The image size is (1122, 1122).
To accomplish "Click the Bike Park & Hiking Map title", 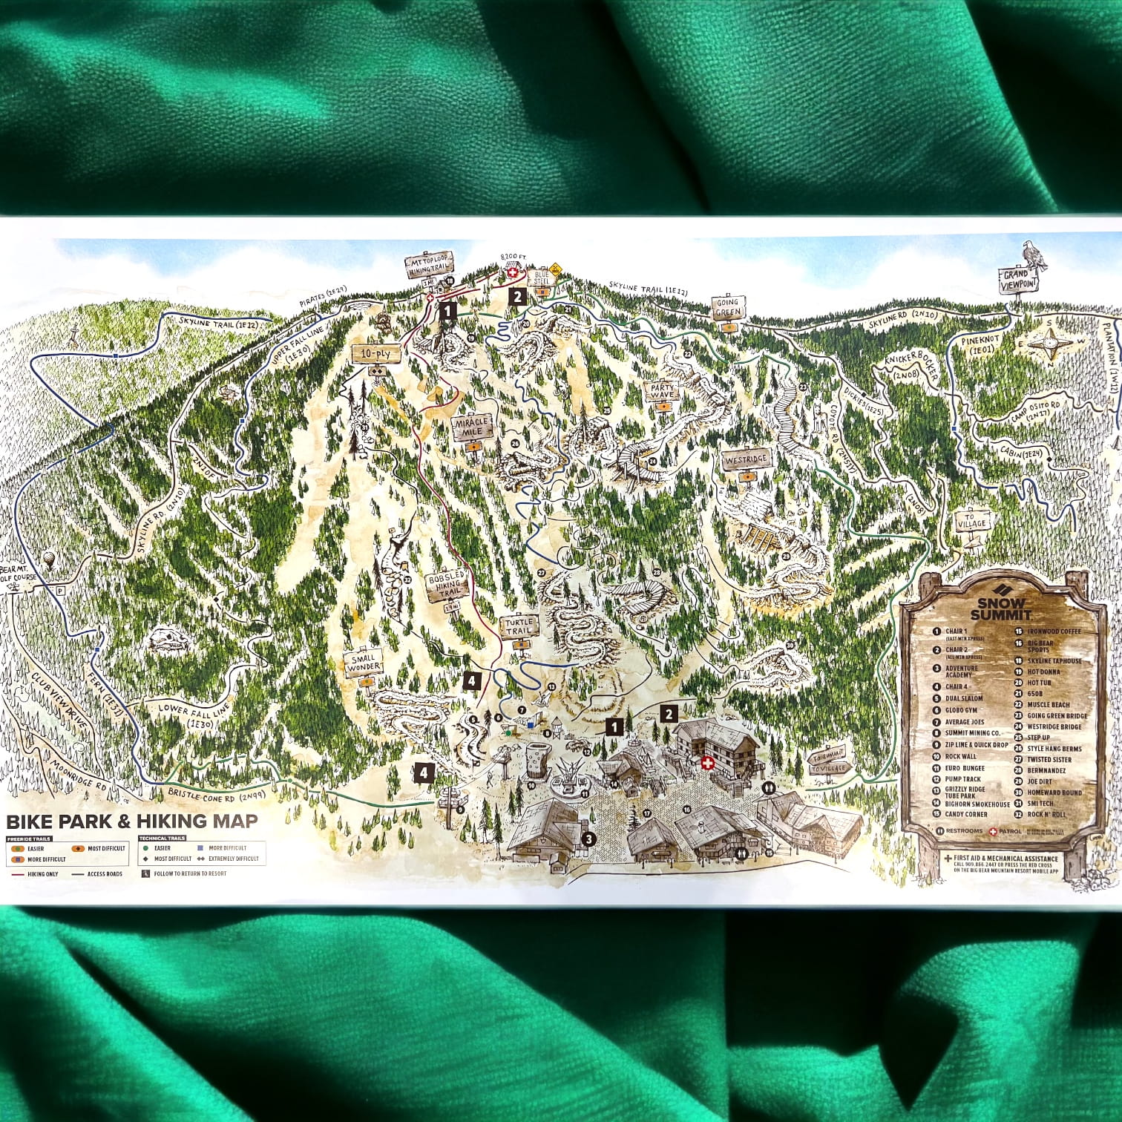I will pyautogui.click(x=132, y=821).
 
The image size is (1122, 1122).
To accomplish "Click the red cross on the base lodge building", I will pyautogui.click(x=706, y=764).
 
